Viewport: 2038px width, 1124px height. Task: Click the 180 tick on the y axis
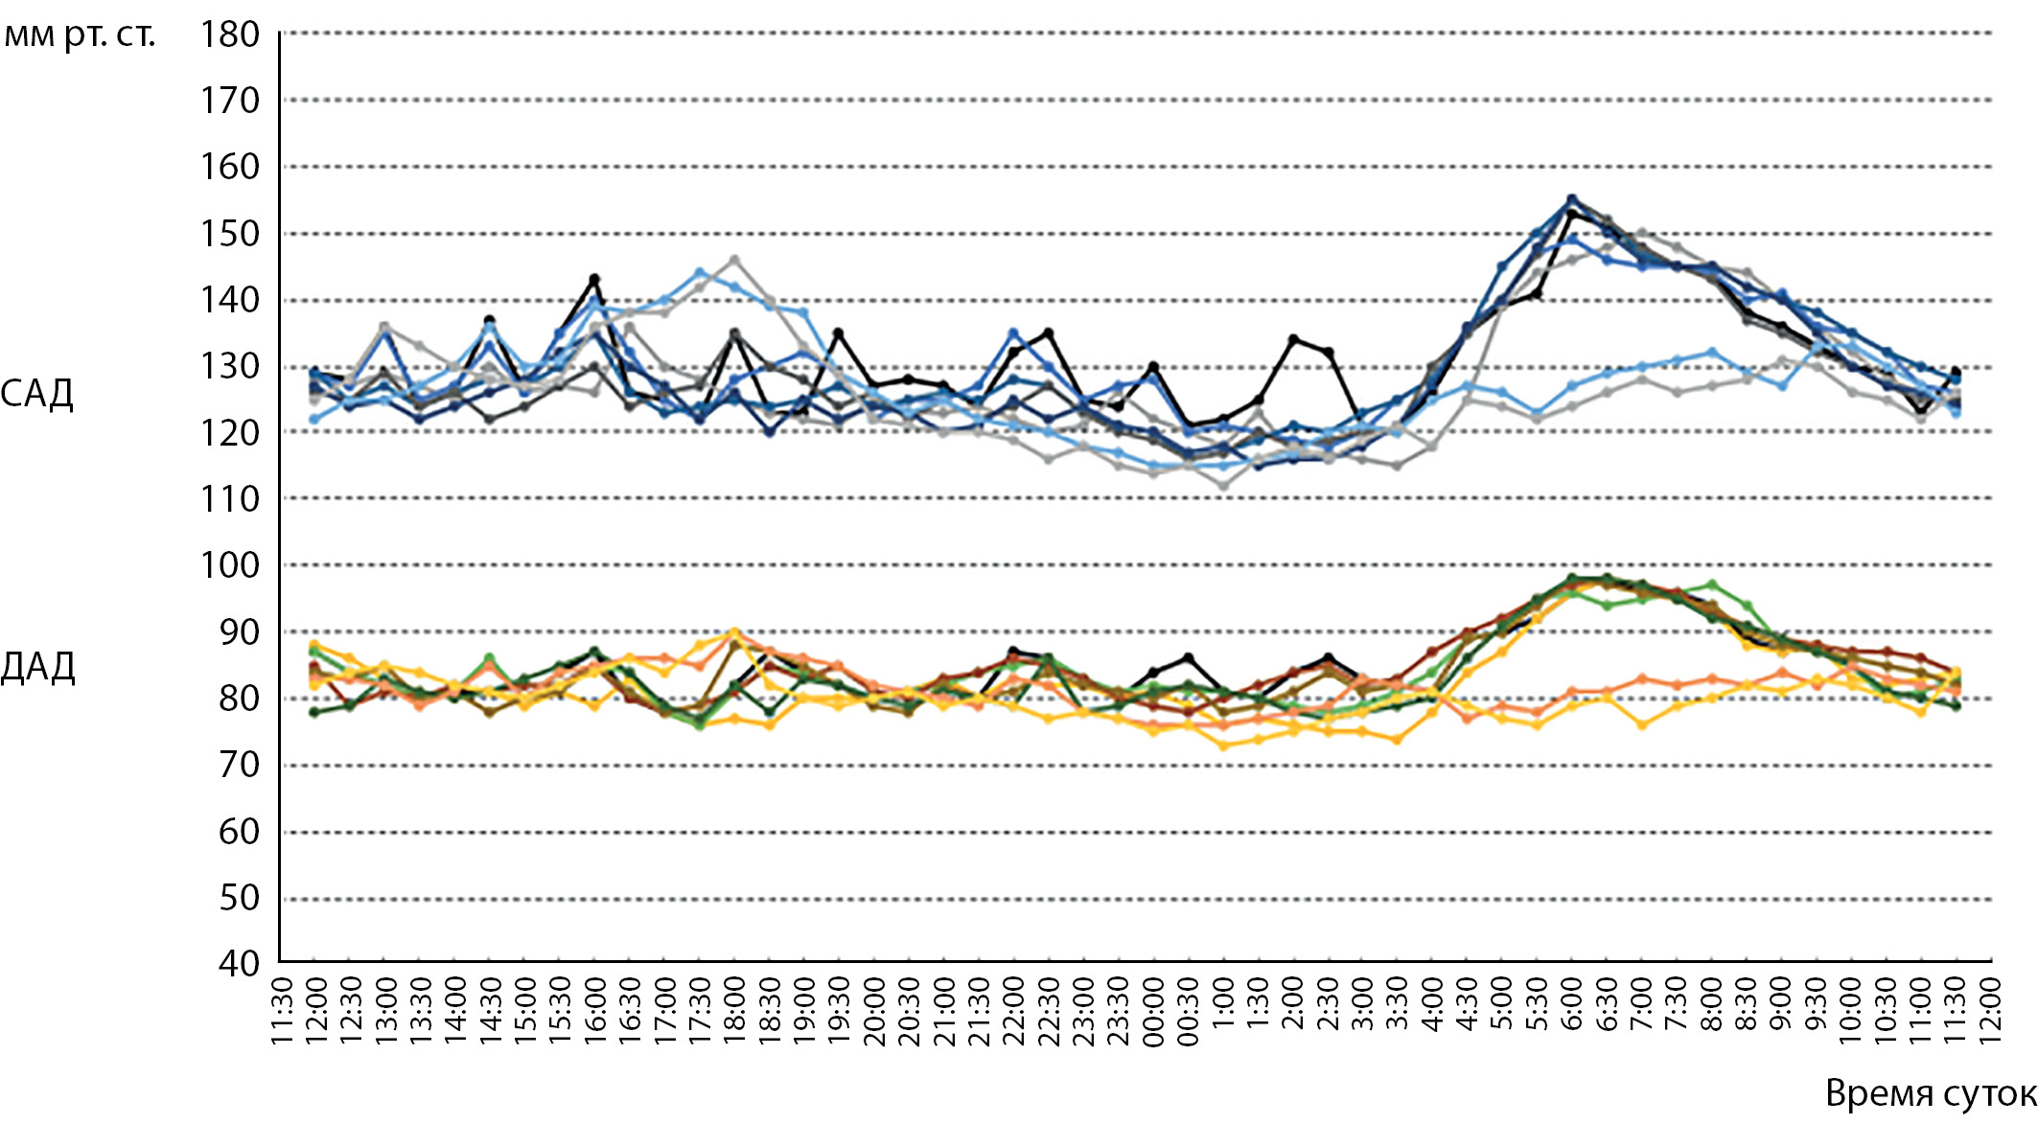[230, 34]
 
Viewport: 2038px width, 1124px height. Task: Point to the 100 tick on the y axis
[230, 565]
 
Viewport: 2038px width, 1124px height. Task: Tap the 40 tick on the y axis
[239, 963]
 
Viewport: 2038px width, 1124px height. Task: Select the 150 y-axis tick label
[230, 234]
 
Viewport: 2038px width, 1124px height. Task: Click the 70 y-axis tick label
[239, 765]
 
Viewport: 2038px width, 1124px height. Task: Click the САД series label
[36, 394]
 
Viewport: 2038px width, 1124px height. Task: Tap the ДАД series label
[37, 667]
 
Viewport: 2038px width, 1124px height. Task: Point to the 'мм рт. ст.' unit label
[80, 36]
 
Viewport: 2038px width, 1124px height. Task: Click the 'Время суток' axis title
[1930, 1093]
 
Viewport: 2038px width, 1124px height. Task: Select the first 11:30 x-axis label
[281, 1011]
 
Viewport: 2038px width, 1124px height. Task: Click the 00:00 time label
[1153, 1011]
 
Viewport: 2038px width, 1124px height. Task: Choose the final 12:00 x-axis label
[1991, 1011]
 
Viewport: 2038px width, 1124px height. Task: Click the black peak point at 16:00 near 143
[594, 280]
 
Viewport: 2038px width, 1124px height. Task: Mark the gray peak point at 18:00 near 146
[734, 260]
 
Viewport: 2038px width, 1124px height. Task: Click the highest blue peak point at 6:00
[1571, 199]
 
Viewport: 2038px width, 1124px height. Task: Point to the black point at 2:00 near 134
[1292, 339]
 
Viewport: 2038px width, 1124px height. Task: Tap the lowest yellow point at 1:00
[1223, 746]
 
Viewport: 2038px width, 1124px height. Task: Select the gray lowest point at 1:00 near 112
[1223, 486]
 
